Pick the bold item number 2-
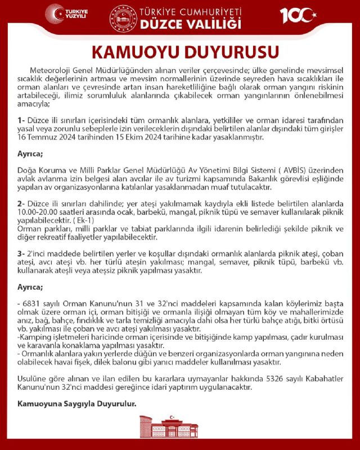22,202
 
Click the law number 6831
30,304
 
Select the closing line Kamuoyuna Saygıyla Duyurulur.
78,403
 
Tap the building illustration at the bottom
179,433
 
